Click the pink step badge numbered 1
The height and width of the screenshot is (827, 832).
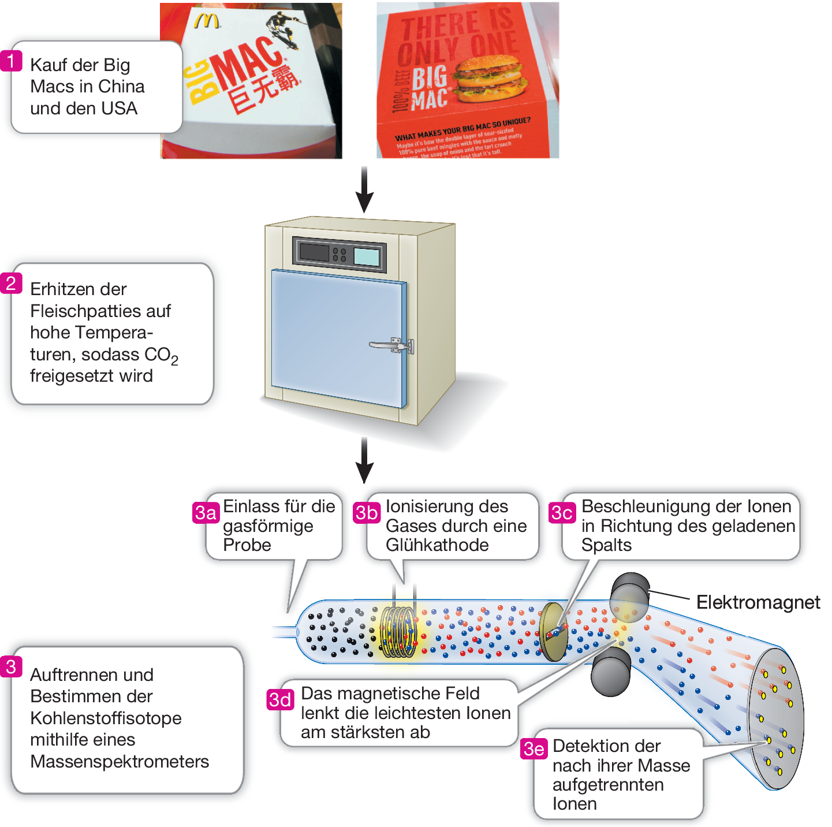[11, 61]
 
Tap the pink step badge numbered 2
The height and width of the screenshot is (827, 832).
[11, 283]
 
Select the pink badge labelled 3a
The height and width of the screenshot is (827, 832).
[206, 513]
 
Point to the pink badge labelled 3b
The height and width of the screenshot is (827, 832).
[367, 513]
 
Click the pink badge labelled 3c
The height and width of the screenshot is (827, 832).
[562, 513]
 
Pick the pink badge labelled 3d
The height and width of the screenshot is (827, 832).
[280, 699]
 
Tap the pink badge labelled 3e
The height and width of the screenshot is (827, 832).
[533, 749]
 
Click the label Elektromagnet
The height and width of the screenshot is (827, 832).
[758, 602]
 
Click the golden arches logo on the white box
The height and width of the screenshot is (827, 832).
[206, 21]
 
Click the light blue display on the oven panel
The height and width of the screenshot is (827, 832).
[366, 256]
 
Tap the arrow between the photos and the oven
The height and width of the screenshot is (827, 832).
[364, 190]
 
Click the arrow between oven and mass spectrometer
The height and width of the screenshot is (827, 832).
[364, 460]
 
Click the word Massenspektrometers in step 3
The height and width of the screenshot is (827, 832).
[120, 761]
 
